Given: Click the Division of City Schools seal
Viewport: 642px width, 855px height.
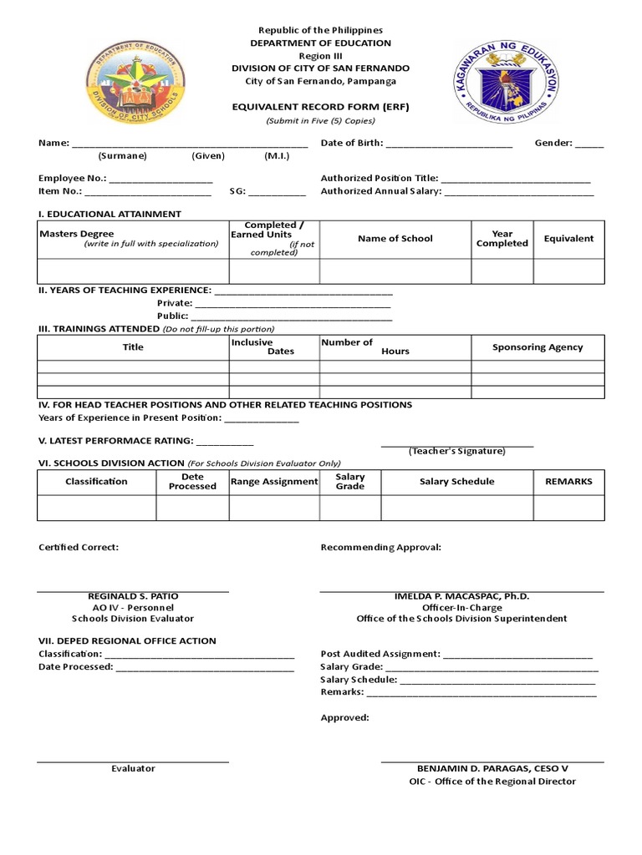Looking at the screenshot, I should click(x=135, y=82).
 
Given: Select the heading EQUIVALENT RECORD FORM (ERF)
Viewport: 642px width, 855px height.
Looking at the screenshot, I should click(x=322, y=108).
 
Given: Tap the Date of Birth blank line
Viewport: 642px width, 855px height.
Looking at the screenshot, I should click(x=449, y=144).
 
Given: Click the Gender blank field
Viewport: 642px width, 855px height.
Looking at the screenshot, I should click(x=588, y=144).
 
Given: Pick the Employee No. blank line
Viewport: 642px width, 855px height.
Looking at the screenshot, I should click(x=160, y=179).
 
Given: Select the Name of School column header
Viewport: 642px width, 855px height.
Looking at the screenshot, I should click(x=395, y=239).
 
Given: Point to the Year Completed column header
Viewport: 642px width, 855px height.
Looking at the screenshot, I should click(x=502, y=239).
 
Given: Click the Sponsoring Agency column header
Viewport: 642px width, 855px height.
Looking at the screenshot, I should click(x=538, y=347).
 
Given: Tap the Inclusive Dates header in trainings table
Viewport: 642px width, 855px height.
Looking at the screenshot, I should click(x=273, y=347).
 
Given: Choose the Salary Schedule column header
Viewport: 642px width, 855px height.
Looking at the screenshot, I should click(x=456, y=482).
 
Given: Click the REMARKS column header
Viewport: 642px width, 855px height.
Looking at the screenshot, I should click(x=568, y=482).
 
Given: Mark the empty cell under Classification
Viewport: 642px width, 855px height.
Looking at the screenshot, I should click(x=96, y=508).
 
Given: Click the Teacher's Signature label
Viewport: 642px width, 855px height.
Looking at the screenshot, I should click(x=456, y=451).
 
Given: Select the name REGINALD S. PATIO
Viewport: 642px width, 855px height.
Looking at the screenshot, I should click(x=133, y=596).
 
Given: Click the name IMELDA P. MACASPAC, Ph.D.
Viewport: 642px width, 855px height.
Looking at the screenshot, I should click(x=461, y=596).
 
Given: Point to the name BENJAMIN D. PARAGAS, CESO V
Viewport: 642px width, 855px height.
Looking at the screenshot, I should click(x=492, y=768).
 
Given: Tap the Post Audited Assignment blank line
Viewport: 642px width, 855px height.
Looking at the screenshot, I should click(x=517, y=655).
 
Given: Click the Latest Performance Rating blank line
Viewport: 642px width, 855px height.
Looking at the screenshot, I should click(x=225, y=442).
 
